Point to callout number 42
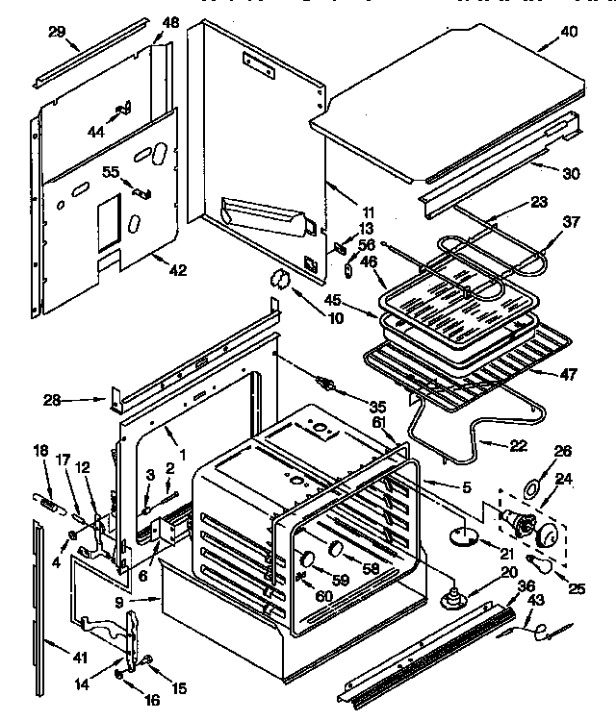pyautogui.click(x=176, y=271)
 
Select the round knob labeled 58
pyautogui.click(x=337, y=549)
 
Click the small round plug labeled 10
pyautogui.click(x=280, y=277)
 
